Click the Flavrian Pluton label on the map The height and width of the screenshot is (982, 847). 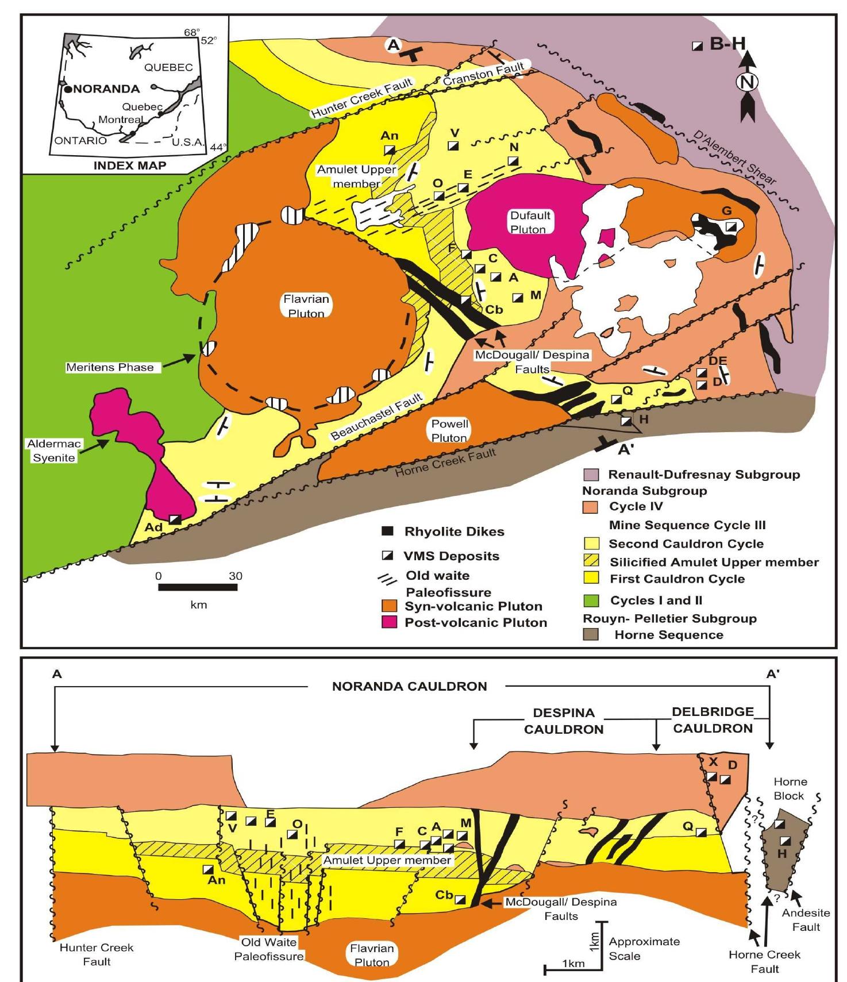306,306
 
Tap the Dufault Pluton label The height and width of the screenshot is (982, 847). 530,222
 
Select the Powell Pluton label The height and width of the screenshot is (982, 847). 450,430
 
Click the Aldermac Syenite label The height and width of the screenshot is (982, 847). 53,450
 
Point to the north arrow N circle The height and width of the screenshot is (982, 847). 747,82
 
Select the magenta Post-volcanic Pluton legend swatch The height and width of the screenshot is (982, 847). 390,622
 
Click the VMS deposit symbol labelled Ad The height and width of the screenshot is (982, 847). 175,519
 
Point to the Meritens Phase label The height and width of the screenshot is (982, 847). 110,367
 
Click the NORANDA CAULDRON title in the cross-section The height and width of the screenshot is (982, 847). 409,686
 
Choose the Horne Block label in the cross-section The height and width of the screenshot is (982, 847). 790,788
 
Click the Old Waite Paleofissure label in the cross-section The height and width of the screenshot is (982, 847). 268,949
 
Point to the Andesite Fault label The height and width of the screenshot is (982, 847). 806,919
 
